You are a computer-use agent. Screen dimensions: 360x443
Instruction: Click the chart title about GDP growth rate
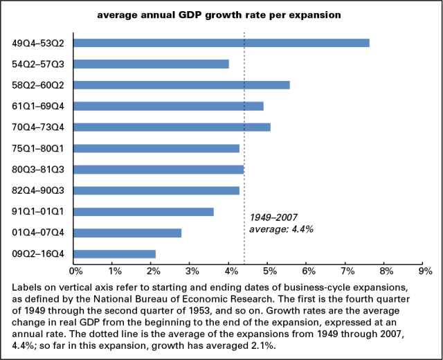221,15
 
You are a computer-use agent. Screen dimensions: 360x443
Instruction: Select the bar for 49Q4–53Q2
221,43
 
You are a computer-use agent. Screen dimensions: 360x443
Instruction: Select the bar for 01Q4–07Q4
127,233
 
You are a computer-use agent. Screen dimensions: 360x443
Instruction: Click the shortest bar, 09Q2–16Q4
114,254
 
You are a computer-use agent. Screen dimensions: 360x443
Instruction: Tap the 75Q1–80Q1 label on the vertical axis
39,148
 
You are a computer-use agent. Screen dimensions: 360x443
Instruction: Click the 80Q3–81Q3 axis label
39,169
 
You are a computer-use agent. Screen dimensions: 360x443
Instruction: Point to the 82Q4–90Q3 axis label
39,190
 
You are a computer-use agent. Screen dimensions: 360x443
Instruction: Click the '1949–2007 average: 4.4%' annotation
281,223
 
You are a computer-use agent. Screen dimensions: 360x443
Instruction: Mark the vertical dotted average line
245,138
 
